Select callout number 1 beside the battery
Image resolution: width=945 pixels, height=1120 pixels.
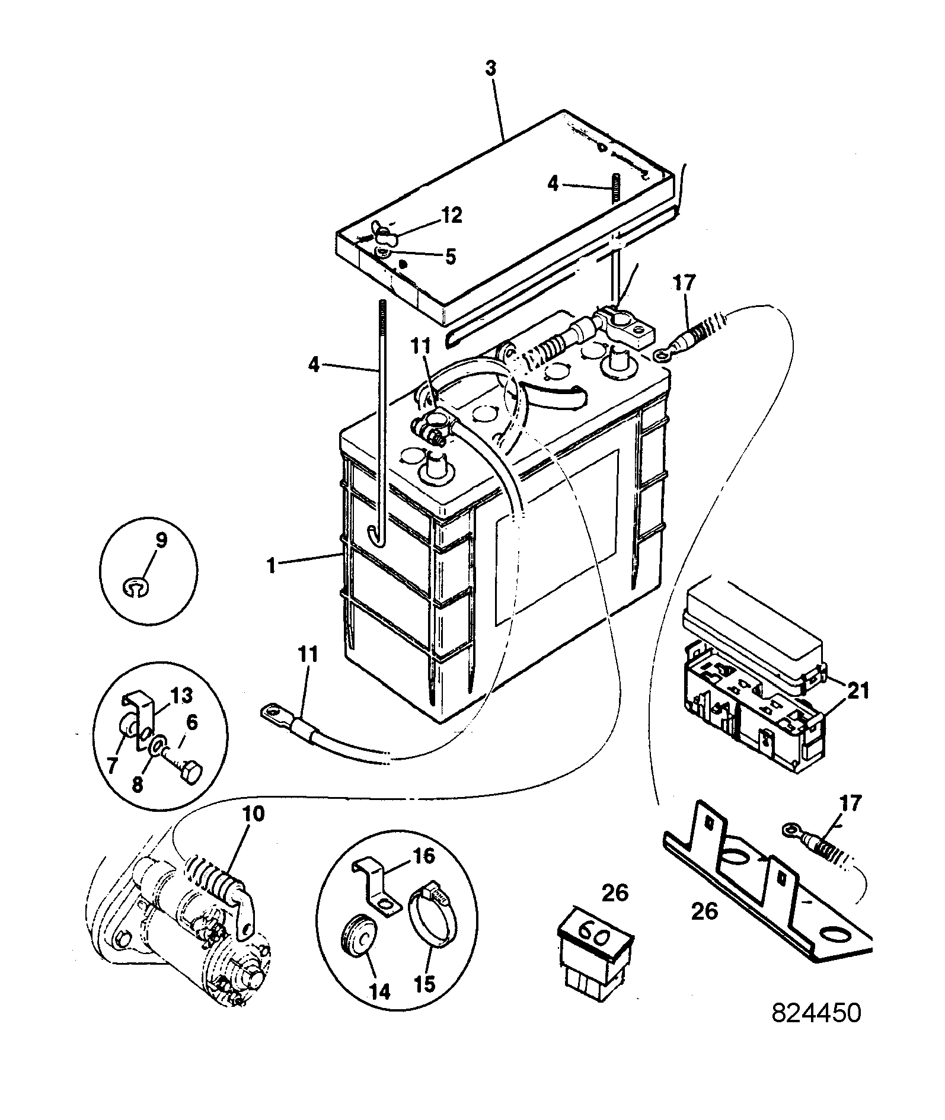pos(272,567)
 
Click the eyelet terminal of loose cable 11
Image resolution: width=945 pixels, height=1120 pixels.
pos(271,710)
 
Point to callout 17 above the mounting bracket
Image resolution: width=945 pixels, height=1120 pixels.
pos(850,805)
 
